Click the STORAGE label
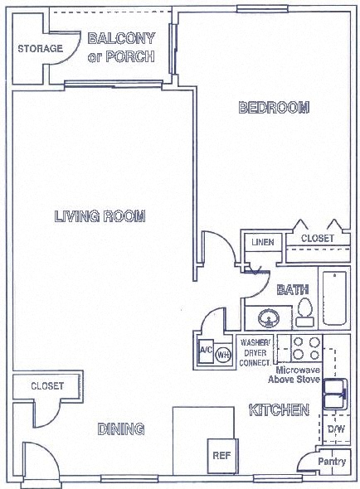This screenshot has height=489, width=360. point(40,48)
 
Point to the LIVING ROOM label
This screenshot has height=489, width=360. point(100,217)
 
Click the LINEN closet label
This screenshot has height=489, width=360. point(263,241)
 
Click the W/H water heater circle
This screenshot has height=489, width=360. point(222,355)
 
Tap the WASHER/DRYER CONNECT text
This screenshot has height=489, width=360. point(255,352)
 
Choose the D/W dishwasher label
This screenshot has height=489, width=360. point(336,429)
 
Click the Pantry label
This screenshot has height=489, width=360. point(332,460)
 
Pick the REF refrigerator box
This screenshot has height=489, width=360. point(221,454)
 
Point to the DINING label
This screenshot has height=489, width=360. point(121,428)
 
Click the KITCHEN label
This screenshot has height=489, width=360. point(280,410)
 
